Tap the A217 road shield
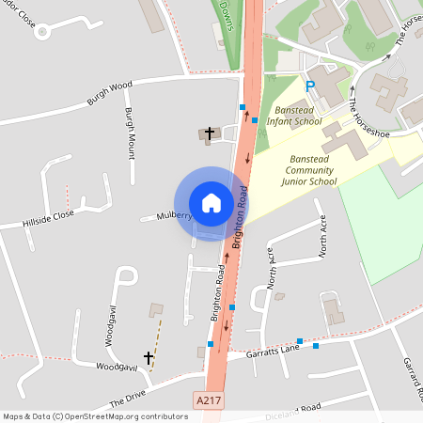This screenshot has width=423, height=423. point(210,399)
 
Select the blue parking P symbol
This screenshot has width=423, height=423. point(309,86)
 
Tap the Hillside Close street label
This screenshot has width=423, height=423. point(49,219)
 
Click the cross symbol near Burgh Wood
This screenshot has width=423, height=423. point(209,133)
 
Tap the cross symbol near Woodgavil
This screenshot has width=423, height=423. point(148,358)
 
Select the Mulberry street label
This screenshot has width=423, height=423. point(174,215)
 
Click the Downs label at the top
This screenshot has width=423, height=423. point(226,11)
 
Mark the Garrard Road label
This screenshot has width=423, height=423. point(412,380)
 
